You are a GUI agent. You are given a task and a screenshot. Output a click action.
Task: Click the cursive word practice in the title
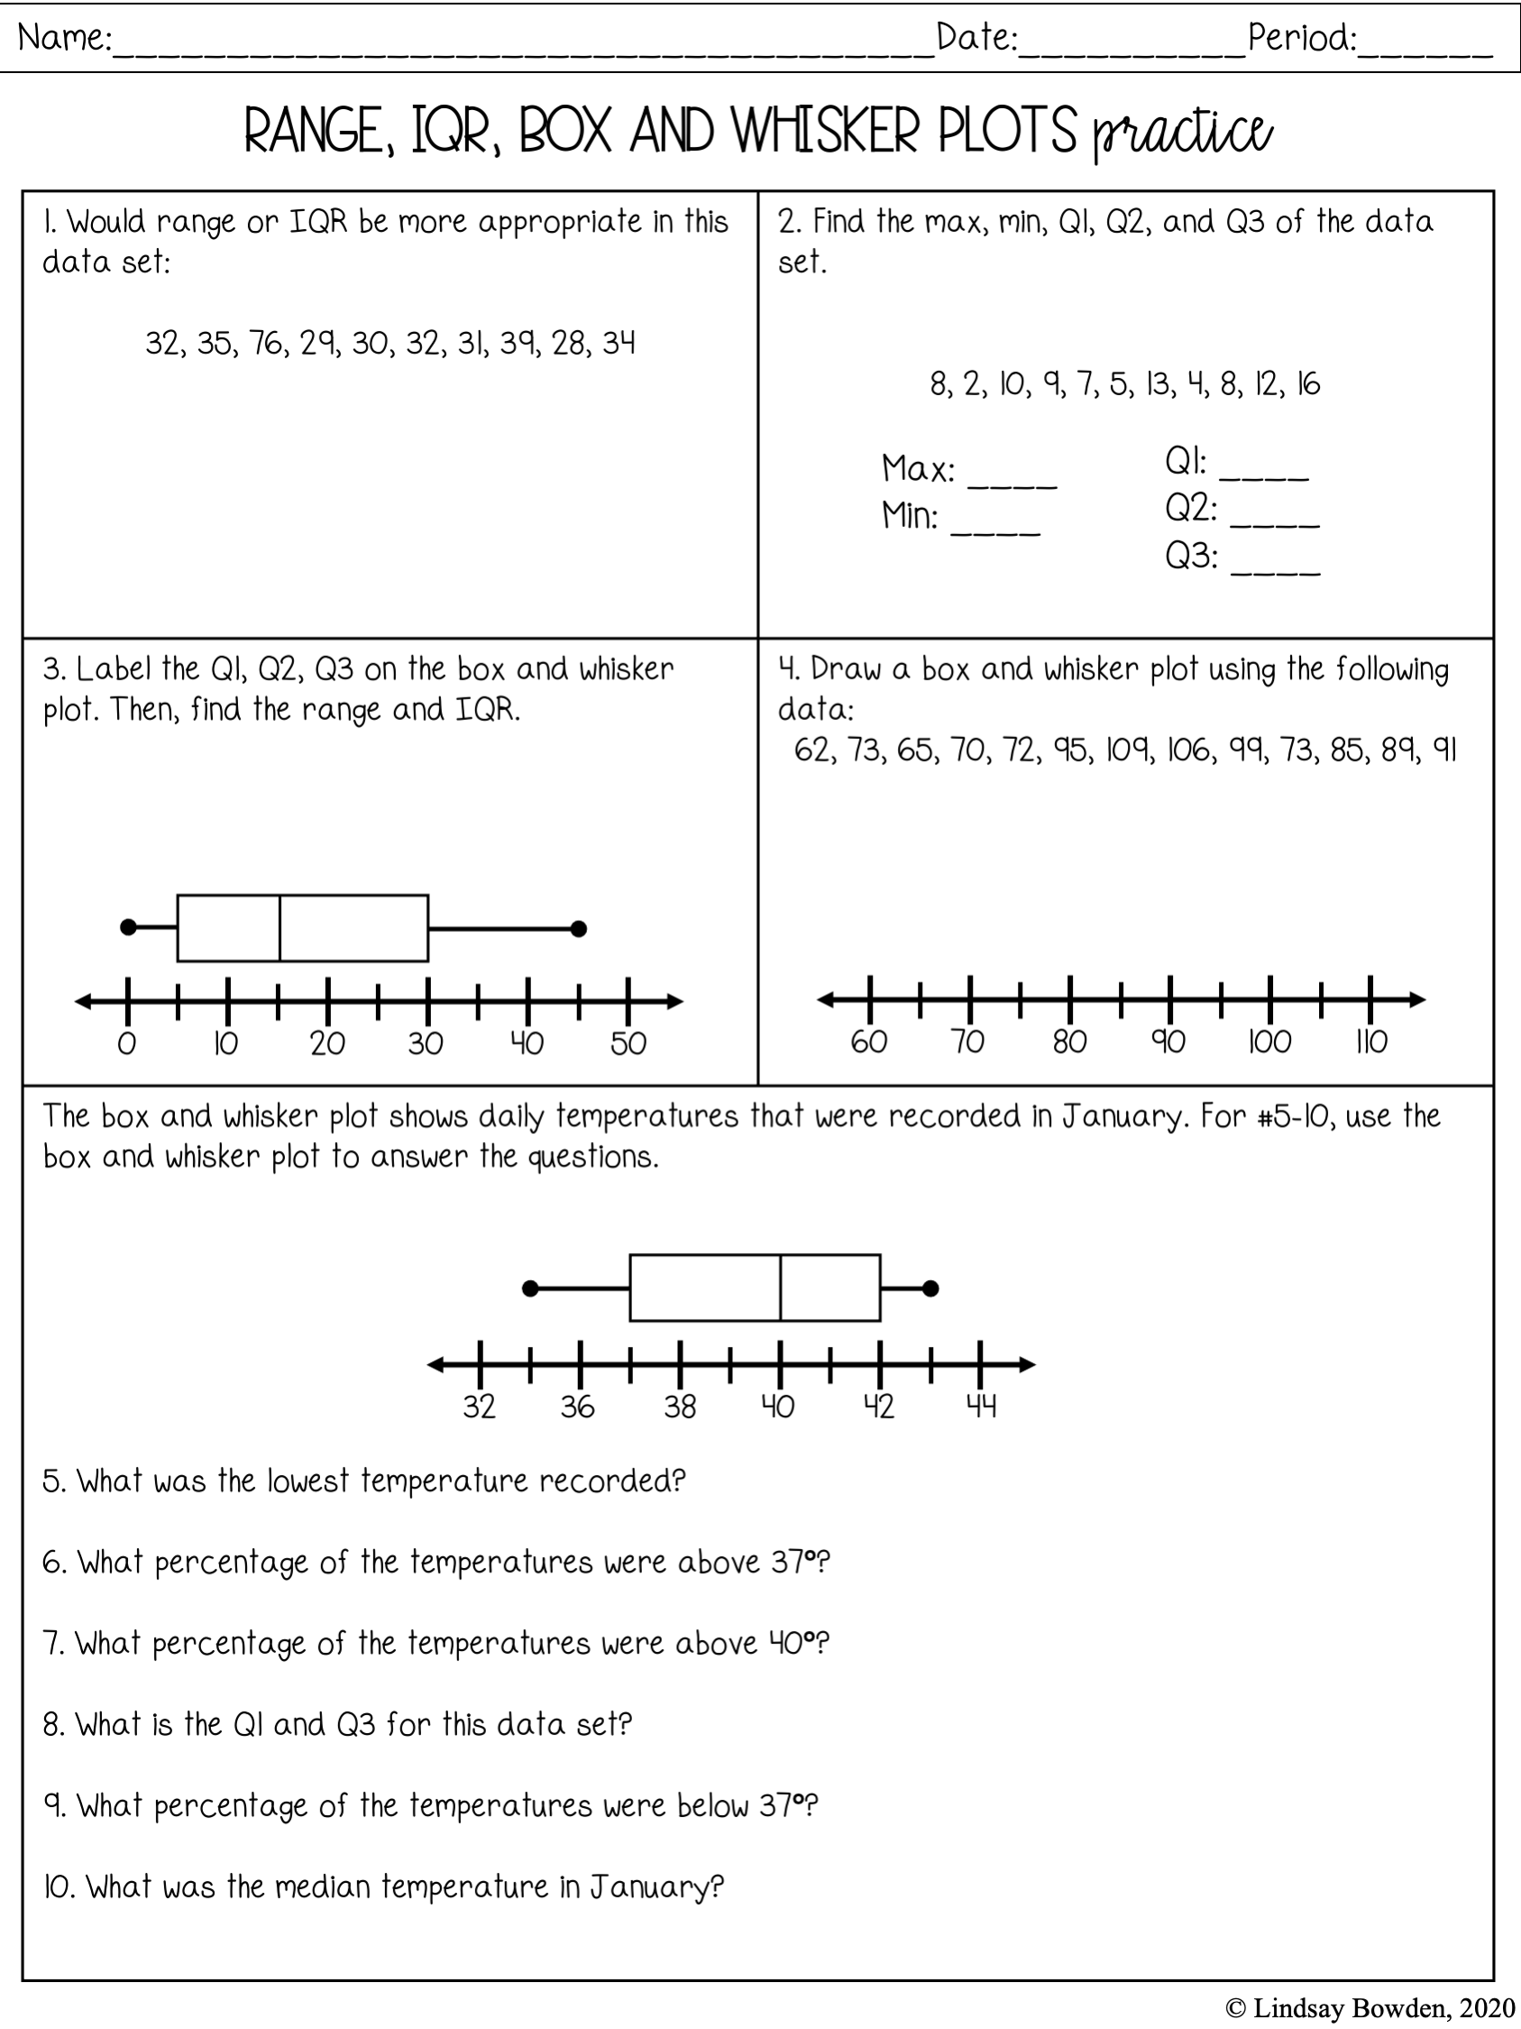[1182, 133]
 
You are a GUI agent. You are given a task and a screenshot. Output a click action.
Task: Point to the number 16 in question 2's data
[1308, 384]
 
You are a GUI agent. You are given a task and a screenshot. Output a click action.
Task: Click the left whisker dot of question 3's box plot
[128, 927]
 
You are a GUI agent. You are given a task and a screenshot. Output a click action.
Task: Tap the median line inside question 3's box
[279, 927]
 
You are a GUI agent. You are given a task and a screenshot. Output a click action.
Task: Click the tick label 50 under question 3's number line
[629, 1044]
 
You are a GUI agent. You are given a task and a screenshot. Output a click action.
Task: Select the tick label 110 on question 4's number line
[1371, 1042]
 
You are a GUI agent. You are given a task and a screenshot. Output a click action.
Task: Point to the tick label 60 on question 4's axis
[868, 1042]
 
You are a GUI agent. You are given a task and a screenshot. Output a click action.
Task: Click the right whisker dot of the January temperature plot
[930, 1289]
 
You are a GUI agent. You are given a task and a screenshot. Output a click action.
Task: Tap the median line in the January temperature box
[780, 1287]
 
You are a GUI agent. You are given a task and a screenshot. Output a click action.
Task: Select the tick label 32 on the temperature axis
[479, 1406]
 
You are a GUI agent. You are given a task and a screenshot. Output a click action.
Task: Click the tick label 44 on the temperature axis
[981, 1406]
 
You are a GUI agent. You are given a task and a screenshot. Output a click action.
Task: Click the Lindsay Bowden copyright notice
[1370, 2008]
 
